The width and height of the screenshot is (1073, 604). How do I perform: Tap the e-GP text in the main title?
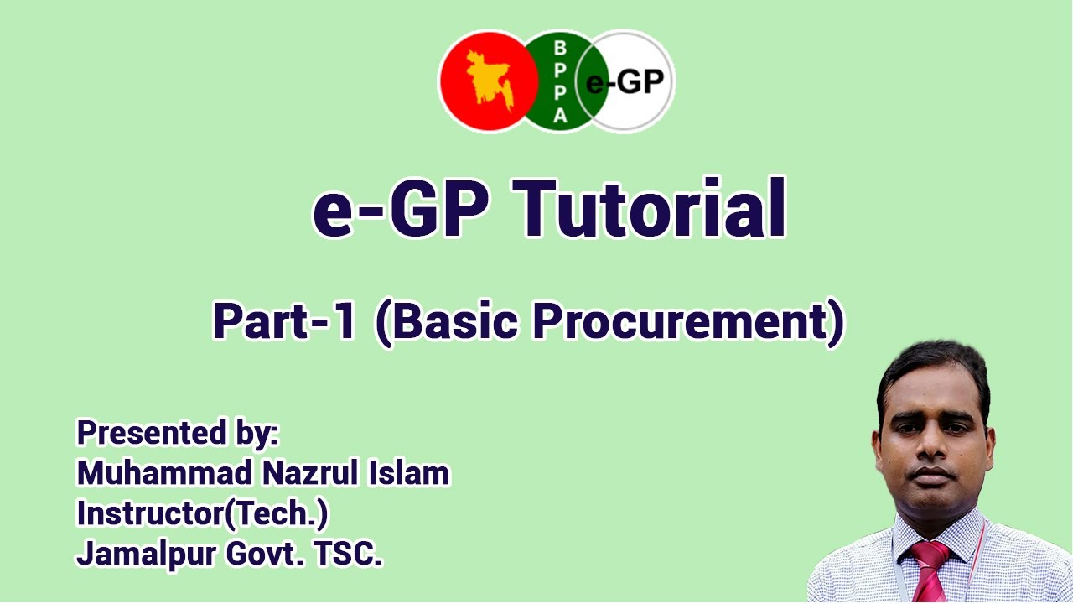[x=401, y=207]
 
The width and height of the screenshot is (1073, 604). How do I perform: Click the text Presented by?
[x=177, y=434]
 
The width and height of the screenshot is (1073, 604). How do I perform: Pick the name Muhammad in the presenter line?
[x=163, y=474]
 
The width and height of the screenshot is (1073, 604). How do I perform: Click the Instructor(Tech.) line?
[x=202, y=513]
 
